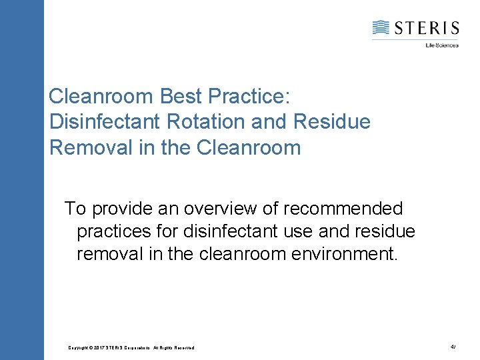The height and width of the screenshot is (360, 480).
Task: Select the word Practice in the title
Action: tap(248, 97)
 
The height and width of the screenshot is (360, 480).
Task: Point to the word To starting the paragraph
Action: tap(75, 209)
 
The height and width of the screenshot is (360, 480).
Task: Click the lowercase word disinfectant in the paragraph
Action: tap(235, 231)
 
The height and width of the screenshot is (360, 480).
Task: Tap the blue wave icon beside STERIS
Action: tap(381, 27)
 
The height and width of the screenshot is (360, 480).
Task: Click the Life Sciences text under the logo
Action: tap(442, 45)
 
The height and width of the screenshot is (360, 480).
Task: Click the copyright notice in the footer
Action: tap(131, 348)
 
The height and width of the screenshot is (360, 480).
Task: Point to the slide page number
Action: tap(453, 347)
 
